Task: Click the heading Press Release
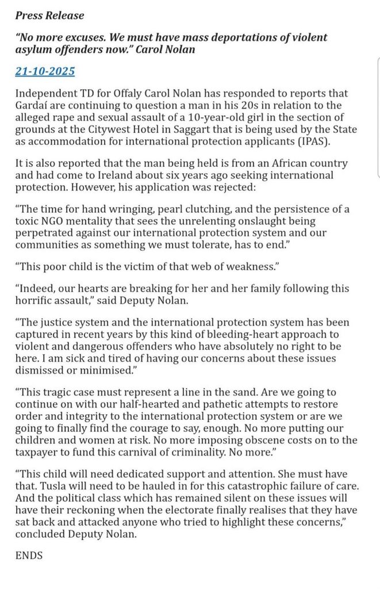pyautogui.click(x=49, y=16)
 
